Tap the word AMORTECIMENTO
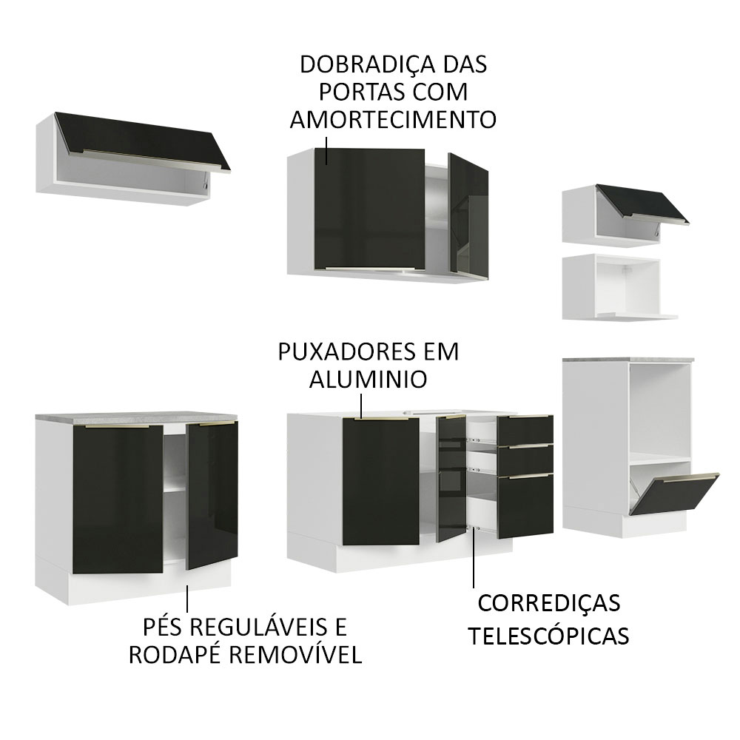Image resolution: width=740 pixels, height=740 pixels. [x=392, y=121]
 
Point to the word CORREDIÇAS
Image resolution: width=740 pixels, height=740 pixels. [x=549, y=603]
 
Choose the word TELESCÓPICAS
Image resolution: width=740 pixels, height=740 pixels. [x=550, y=636]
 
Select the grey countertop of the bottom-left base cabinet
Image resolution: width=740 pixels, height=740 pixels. [x=137, y=419]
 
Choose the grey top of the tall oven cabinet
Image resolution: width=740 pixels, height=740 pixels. [x=628, y=360]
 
